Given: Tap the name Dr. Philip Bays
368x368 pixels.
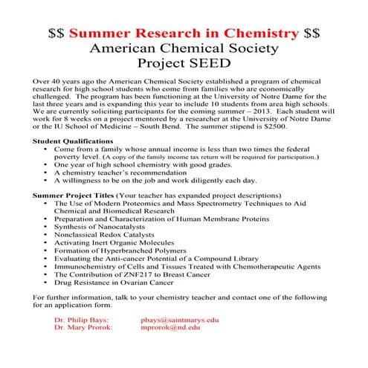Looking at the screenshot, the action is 81,319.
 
